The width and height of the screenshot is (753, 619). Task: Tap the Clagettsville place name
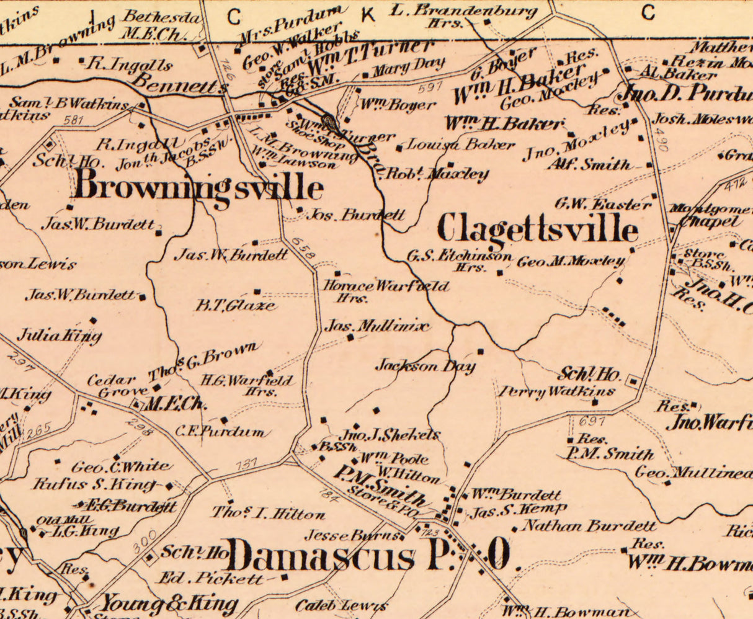pos(537,229)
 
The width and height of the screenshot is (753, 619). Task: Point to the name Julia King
pos(59,336)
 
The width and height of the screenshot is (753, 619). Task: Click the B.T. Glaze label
pos(236,305)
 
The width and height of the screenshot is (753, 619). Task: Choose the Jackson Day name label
pos(425,366)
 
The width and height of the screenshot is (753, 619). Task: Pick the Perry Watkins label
pos(556,391)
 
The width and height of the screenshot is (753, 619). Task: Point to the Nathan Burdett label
pos(589,527)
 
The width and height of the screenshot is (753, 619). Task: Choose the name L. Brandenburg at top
pos(465,10)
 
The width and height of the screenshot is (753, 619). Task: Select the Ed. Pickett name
pos(211,578)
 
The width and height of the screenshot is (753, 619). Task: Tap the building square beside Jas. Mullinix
pos(350,337)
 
